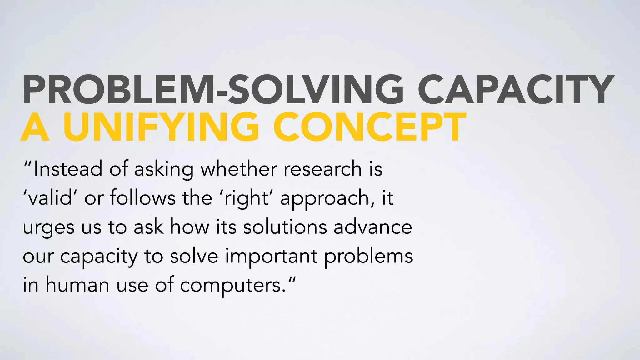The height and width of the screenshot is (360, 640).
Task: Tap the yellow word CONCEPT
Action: [370, 127]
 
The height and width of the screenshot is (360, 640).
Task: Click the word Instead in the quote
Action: [68, 169]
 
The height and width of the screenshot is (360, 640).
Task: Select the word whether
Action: [239, 169]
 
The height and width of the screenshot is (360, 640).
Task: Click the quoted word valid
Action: [50, 198]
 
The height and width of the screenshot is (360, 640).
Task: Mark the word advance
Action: [373, 227]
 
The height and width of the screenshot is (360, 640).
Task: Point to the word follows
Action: [142, 198]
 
